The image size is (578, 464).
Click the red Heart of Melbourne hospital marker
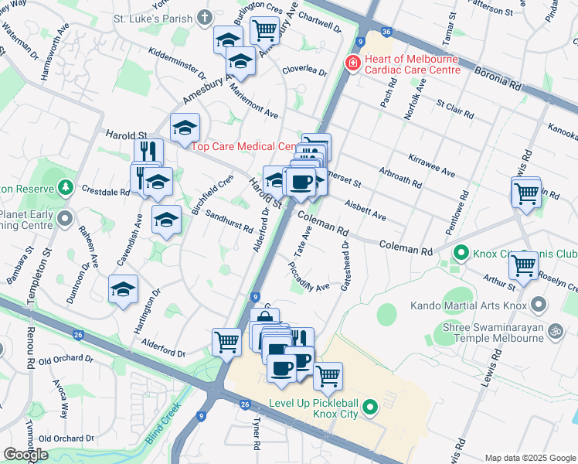click(x=352, y=62)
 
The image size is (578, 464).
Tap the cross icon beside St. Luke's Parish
click(x=204, y=17)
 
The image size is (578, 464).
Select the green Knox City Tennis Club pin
click(x=461, y=253)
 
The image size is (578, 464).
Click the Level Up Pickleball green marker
click(x=370, y=405)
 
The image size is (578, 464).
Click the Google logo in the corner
click(x=25, y=455)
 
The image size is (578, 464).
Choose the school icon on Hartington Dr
click(x=123, y=290)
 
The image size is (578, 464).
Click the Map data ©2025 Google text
click(x=529, y=458)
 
